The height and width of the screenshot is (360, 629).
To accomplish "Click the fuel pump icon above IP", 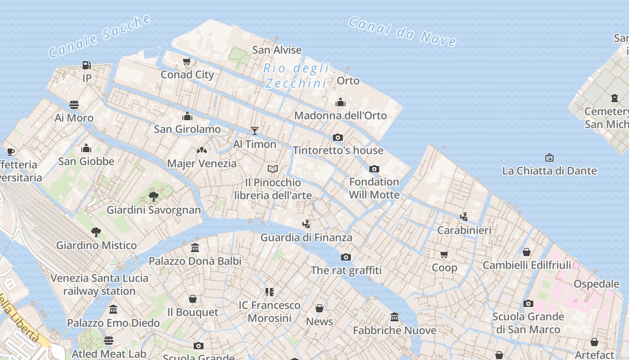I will tap(87, 65).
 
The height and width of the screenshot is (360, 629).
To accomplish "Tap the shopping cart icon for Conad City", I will tap(187, 61).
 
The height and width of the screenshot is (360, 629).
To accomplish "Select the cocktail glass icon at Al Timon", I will tap(255, 131).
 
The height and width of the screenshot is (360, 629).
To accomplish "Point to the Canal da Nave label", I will tap(403, 31).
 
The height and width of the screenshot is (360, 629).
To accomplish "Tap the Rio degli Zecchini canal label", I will tap(296, 76).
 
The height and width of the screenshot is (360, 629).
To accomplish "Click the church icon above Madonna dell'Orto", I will tap(341, 103).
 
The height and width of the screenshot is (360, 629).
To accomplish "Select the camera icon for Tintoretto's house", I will tap(338, 137).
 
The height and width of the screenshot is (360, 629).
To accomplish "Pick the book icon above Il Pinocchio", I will tap(273, 169).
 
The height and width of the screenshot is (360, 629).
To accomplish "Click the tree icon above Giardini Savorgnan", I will tap(154, 197).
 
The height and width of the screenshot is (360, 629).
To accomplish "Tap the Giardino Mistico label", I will tap(96, 246).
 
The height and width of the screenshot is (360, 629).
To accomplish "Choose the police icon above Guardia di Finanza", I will tap(306, 224).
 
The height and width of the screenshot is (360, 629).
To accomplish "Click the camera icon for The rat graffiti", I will tap(346, 257).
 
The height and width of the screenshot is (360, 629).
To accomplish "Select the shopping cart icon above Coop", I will tap(444, 255).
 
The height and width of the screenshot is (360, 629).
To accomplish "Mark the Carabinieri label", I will tap(464, 230).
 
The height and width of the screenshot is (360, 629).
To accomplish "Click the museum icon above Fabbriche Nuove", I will tap(394, 317).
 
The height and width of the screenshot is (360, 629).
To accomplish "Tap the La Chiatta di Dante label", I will tap(549, 171).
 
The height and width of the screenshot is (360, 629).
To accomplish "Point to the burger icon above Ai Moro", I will tap(74, 105).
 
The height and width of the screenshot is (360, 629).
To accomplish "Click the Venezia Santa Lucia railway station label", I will tap(99, 284).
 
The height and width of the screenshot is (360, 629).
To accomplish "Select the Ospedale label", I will tap(596, 284).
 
